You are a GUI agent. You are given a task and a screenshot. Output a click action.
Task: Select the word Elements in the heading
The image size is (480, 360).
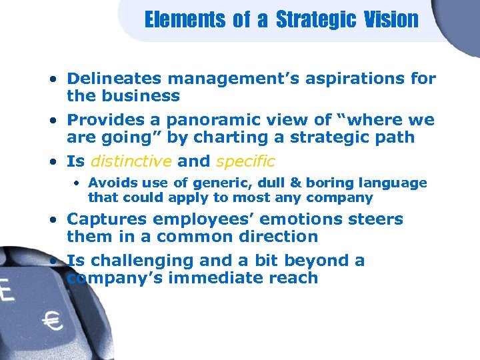(x=185, y=19)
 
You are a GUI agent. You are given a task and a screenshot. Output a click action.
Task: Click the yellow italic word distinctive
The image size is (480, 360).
(x=131, y=161)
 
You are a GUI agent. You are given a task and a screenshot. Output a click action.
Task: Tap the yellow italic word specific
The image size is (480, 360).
(x=245, y=161)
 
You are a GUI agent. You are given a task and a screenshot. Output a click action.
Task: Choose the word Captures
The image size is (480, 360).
(x=105, y=219)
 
